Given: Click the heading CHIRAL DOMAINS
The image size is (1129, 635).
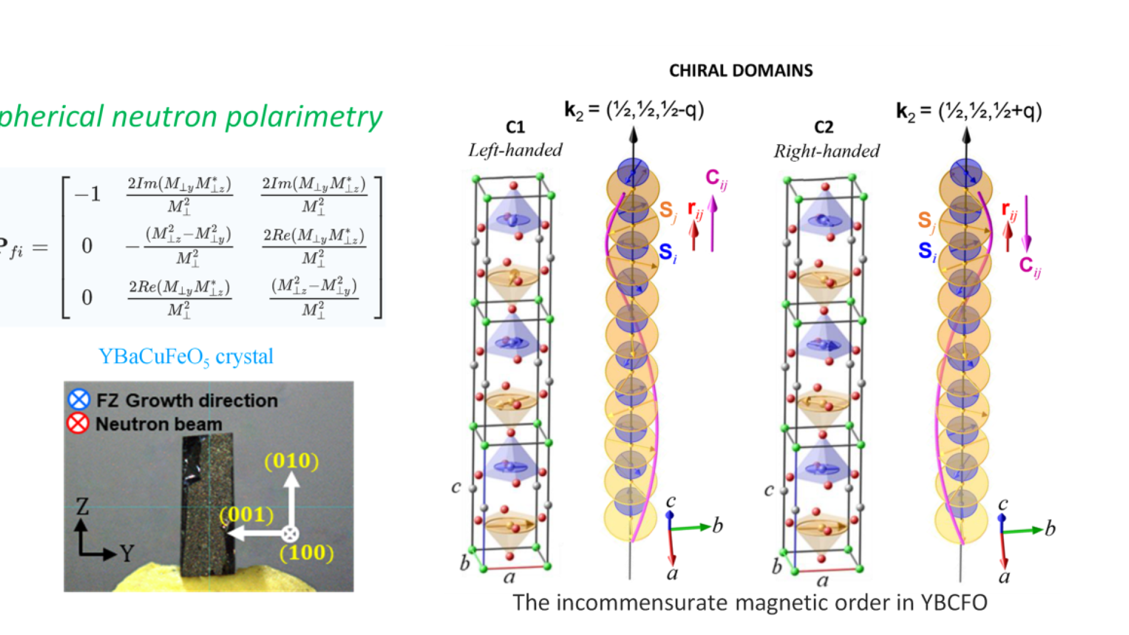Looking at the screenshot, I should tap(741, 71).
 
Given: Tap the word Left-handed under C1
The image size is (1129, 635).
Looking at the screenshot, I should tap(515, 151).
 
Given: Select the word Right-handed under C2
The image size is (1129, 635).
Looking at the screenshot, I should tap(826, 152).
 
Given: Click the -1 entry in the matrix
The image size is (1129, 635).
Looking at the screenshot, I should tap(88, 194).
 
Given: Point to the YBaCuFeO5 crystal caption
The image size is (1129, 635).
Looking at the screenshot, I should tap(186, 357).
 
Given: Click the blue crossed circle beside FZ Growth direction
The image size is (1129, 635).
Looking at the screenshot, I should tap(79, 400).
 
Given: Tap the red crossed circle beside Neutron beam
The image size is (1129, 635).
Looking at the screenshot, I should tap(78, 423).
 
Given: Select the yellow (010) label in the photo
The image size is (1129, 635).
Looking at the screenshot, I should tap(292, 461).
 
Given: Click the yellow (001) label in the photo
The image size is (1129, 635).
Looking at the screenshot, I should tap(246, 514).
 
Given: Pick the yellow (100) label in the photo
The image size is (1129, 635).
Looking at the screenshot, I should tap(306, 553).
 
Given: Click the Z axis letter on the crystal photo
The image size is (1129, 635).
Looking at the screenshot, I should tap(82, 506).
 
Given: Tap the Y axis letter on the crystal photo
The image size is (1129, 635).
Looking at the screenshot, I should tap(127, 553).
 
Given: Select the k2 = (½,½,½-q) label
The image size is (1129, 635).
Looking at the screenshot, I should tap(634, 110).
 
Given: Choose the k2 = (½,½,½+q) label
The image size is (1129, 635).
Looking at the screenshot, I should tap(968, 111).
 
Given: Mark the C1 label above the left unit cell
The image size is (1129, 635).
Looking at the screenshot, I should tap(515, 127).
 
